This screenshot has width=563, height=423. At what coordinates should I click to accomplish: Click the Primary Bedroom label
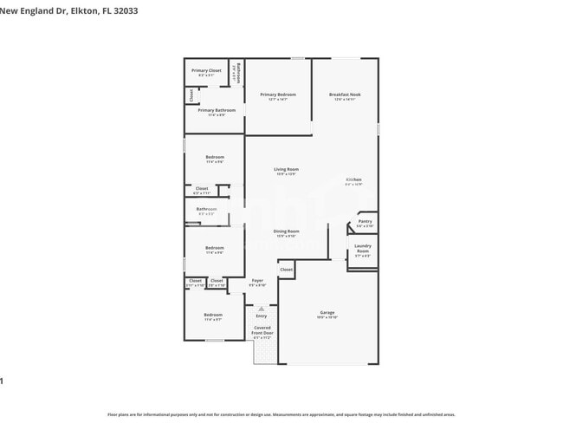click(278, 94)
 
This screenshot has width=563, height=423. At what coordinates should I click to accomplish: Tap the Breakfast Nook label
click(344, 94)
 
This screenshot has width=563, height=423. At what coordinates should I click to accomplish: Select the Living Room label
click(286, 169)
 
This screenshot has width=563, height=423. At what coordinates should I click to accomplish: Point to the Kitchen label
click(353, 179)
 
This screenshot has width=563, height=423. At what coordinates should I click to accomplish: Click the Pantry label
click(365, 221)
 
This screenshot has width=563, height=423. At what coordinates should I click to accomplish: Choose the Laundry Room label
click(363, 248)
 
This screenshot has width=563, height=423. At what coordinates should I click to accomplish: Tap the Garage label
click(327, 312)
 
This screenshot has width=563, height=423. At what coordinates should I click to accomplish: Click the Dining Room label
click(286, 231)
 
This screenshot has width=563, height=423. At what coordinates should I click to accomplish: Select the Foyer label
click(257, 280)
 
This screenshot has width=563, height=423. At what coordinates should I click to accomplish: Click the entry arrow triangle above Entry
click(261, 308)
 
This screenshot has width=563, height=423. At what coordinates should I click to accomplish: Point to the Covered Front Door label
click(262, 330)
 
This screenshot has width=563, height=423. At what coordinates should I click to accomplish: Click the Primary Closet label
click(206, 70)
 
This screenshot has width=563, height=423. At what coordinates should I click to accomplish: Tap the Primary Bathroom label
click(216, 110)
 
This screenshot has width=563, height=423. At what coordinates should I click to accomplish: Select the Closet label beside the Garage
click(286, 270)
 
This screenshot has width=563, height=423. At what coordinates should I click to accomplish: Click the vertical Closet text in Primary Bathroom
click(191, 95)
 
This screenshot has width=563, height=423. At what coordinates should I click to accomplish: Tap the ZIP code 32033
click(124, 11)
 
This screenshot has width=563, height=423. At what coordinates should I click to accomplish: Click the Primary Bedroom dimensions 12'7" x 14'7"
click(278, 100)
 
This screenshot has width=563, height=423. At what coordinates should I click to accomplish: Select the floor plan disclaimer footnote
click(281, 414)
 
